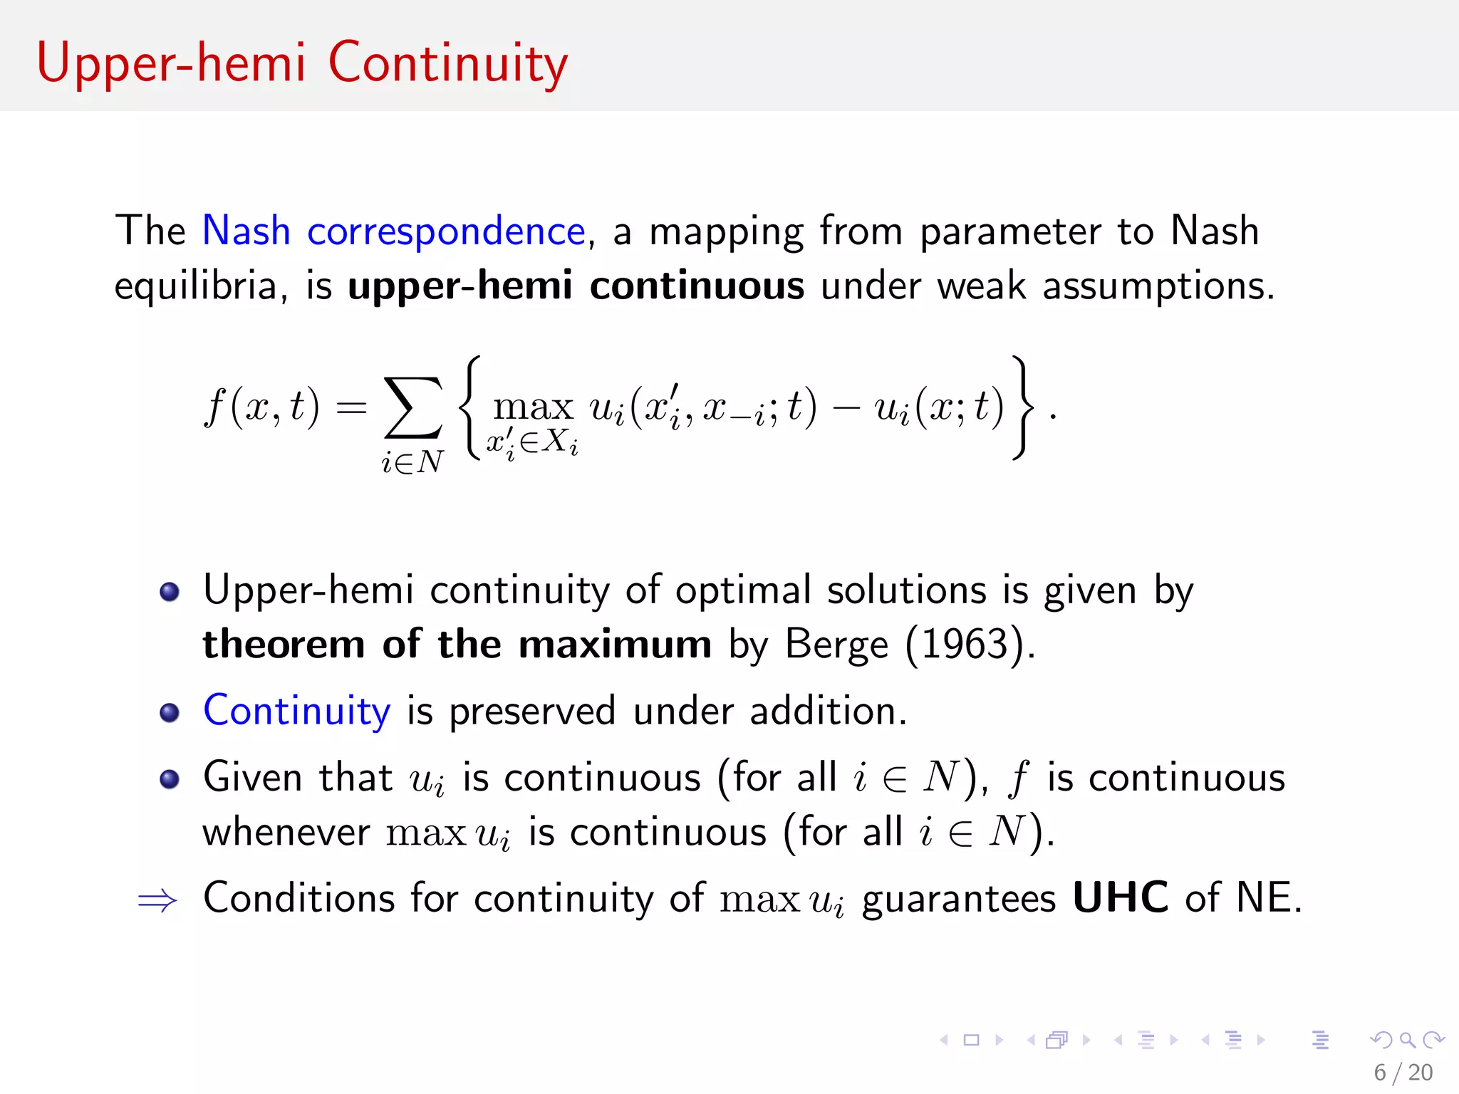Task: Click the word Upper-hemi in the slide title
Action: click(x=171, y=64)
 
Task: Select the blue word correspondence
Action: click(x=446, y=231)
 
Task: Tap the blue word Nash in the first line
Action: click(x=246, y=231)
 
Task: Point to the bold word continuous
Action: click(x=697, y=286)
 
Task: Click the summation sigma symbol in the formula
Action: click(x=412, y=407)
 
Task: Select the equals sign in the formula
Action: click(x=351, y=408)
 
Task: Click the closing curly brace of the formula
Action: click(x=1022, y=407)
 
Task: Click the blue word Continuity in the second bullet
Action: click(x=296, y=711)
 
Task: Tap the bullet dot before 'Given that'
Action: click(x=170, y=778)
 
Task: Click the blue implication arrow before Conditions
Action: click(x=157, y=900)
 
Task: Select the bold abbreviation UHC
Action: click(x=1120, y=897)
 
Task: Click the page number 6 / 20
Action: click(x=1403, y=1073)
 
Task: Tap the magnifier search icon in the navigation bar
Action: click(x=1407, y=1041)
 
